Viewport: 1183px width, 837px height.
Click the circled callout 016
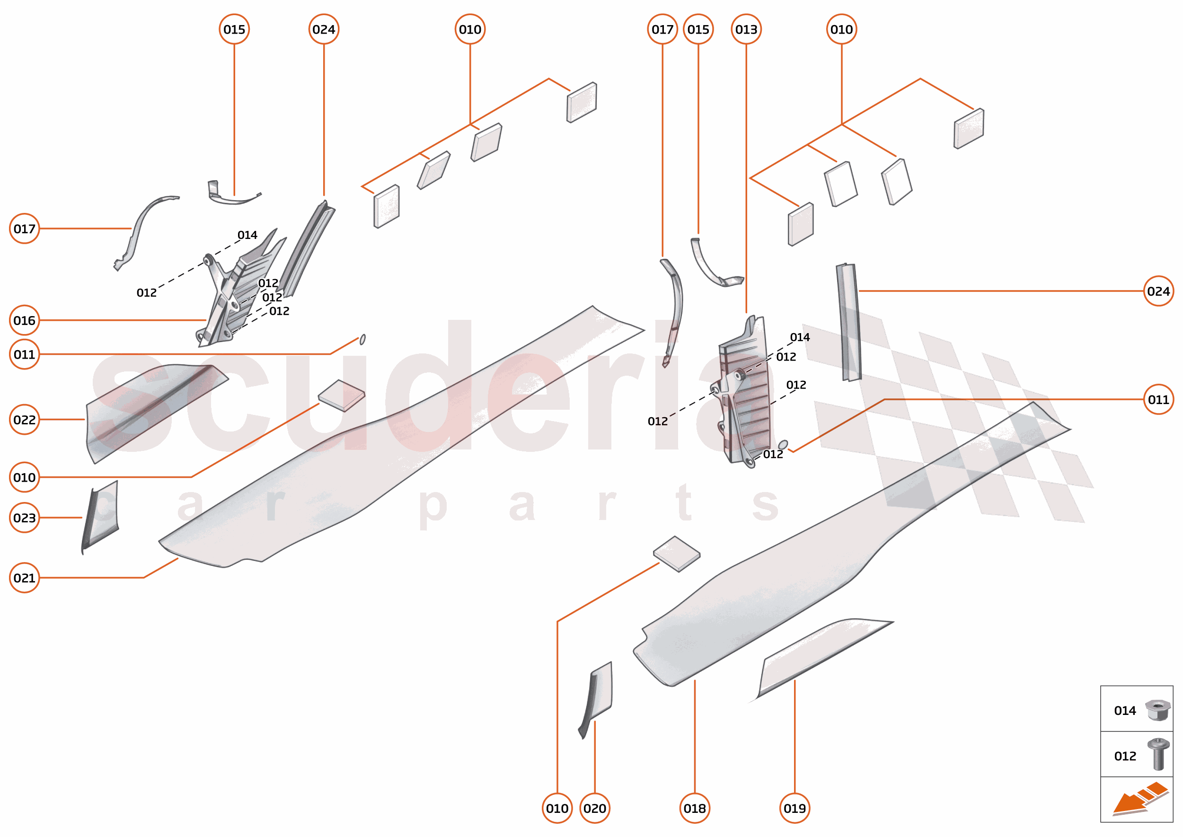click(x=24, y=321)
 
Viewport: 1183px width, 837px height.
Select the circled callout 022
click(x=24, y=420)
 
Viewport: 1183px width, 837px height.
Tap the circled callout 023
click(x=24, y=518)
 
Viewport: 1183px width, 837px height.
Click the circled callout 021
click(x=24, y=578)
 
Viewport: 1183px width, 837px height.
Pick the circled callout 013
click(x=746, y=29)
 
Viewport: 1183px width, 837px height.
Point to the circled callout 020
click(x=594, y=808)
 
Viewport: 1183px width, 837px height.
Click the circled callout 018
click(x=694, y=808)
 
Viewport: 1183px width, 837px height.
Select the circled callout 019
click(x=795, y=808)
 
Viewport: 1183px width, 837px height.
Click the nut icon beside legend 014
click(x=1157, y=710)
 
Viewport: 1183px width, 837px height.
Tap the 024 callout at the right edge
click(x=1158, y=291)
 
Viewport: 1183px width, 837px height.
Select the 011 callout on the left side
click(x=24, y=354)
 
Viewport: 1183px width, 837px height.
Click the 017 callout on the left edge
click(x=24, y=229)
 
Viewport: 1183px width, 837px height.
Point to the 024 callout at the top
click(x=324, y=29)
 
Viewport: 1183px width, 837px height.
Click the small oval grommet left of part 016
click(x=362, y=339)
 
